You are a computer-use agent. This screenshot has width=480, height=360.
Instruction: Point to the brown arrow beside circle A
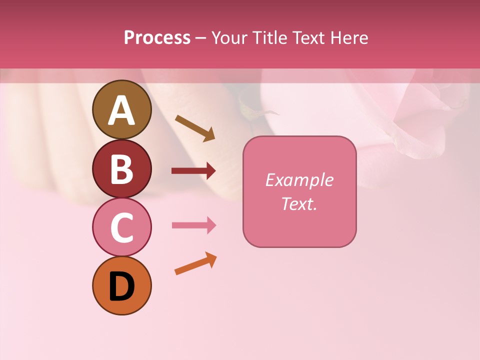[x=195, y=128]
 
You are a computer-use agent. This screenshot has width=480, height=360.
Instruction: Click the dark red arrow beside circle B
[x=193, y=171]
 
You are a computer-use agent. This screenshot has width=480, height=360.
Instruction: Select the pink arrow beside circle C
[x=193, y=225]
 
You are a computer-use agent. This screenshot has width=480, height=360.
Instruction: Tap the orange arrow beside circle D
[x=195, y=263]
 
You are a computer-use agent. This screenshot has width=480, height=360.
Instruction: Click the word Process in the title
[x=157, y=38]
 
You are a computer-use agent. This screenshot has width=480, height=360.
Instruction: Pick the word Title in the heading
[x=269, y=38]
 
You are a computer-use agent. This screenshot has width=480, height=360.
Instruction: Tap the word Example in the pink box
[x=299, y=180]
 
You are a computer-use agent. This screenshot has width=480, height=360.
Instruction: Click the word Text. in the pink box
[x=299, y=204]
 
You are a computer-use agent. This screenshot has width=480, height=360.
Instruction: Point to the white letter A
[x=122, y=110]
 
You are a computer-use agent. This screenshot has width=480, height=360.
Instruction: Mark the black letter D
[x=122, y=287]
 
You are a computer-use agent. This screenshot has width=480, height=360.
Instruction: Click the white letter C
[x=122, y=228]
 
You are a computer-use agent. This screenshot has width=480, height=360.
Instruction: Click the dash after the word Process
[x=201, y=38]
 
